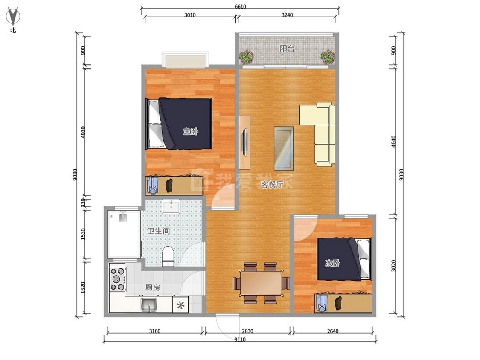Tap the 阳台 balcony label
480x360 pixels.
(287, 48)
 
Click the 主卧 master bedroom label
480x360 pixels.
(190, 132)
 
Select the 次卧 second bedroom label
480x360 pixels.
(332, 263)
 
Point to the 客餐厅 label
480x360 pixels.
(272, 184)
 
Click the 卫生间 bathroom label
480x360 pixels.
(159, 230)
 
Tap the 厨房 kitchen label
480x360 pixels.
(152, 287)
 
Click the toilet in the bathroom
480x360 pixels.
(168, 256)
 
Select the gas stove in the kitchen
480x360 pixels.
(118, 279)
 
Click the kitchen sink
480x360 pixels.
(149, 305)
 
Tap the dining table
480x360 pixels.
(261, 283)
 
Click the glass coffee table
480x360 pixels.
(284, 148)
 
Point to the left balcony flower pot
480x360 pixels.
(247, 57)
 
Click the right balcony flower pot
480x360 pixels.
(328, 57)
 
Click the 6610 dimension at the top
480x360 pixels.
(240, 6)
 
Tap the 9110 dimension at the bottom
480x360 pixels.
(240, 339)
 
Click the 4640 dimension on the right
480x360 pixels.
(394, 141)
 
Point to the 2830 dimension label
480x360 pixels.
(247, 331)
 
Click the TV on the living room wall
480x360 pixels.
(244, 142)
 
